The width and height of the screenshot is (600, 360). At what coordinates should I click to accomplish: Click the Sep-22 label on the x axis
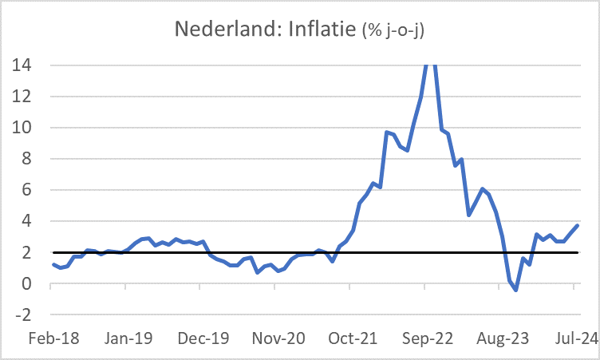click(426, 338)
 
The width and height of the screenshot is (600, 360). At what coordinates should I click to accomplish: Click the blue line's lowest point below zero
click(516, 291)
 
